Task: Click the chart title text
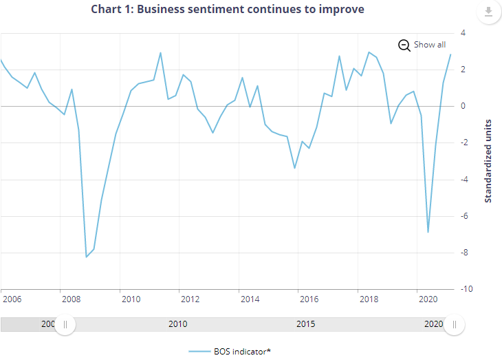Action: [228, 10]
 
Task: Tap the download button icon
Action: [488, 12]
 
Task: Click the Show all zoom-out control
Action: [422, 45]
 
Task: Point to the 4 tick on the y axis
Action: [463, 33]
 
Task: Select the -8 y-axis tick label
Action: [464, 253]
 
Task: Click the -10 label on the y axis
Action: [466, 289]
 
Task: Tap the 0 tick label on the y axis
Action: [463, 106]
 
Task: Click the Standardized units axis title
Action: [488, 161]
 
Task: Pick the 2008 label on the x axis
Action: [72, 299]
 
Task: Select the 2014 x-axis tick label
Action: [250, 299]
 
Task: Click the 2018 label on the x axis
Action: [369, 299]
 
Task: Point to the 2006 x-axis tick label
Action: [12, 299]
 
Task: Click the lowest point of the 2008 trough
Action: [87, 257]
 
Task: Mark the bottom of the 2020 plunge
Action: [428, 232]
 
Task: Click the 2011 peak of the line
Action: [160, 53]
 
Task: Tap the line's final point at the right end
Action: [450, 54]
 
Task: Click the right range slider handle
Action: [455, 325]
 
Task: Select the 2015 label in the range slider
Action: [306, 324]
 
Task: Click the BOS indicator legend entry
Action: [230, 352]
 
